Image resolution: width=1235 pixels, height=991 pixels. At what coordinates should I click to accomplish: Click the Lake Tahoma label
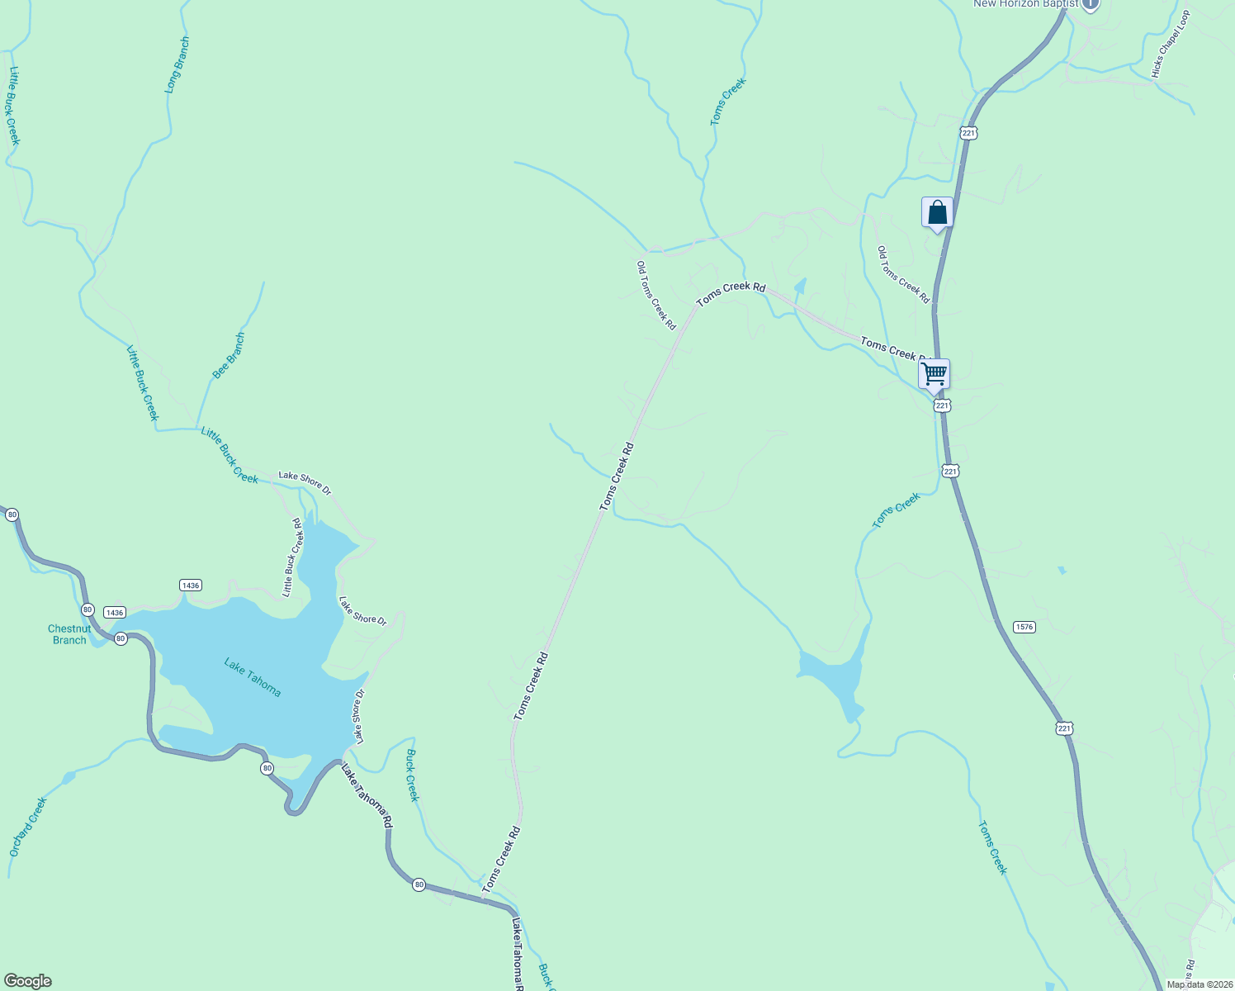coord(253,677)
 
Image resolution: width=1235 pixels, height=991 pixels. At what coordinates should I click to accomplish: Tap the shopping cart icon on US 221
coord(934,374)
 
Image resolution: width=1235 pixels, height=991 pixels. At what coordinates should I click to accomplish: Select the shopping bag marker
coord(937,213)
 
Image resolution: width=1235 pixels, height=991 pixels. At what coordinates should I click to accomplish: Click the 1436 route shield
coord(190,586)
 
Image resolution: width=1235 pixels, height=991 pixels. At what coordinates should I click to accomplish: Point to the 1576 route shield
coord(1024,627)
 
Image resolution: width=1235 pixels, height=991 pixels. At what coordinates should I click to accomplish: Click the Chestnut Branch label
coord(69,634)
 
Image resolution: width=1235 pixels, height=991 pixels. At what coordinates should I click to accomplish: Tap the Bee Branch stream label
coord(229,356)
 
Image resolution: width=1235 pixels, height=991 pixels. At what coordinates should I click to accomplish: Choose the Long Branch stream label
coord(177,64)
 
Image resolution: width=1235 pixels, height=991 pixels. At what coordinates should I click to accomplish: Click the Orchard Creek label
coord(28,826)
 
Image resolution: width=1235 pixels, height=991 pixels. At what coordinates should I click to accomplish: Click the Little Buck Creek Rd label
coord(293,557)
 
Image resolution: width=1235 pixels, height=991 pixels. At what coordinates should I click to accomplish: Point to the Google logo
coord(27,981)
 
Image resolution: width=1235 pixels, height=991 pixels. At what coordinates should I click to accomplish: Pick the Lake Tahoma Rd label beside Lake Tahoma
coord(367,796)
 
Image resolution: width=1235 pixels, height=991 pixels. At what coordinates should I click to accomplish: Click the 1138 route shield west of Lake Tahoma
coord(115,613)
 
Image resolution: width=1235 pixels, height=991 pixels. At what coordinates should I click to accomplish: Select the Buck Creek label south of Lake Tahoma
coord(413,775)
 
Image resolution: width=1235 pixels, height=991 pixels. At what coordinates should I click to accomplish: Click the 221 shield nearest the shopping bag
coord(968,132)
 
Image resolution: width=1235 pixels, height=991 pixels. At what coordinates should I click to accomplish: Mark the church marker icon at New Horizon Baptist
coord(1090,4)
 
